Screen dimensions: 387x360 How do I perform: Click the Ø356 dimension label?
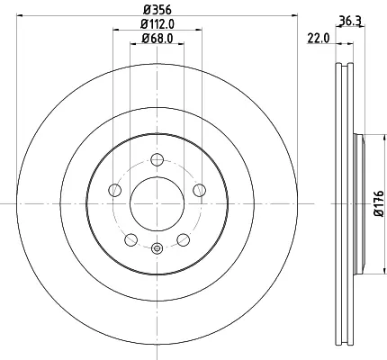point(157,10)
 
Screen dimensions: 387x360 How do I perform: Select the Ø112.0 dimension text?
point(157,24)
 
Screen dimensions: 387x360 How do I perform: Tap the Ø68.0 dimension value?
point(157,38)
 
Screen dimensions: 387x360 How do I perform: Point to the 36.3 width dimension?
point(350,22)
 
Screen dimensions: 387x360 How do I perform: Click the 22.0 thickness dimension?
point(319,39)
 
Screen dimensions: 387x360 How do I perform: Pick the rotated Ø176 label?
point(379,203)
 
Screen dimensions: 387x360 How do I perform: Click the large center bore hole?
point(157,203)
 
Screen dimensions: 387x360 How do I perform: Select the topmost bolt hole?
point(157,159)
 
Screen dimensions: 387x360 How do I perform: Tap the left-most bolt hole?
point(114,190)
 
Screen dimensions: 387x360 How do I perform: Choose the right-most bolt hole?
point(200,190)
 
